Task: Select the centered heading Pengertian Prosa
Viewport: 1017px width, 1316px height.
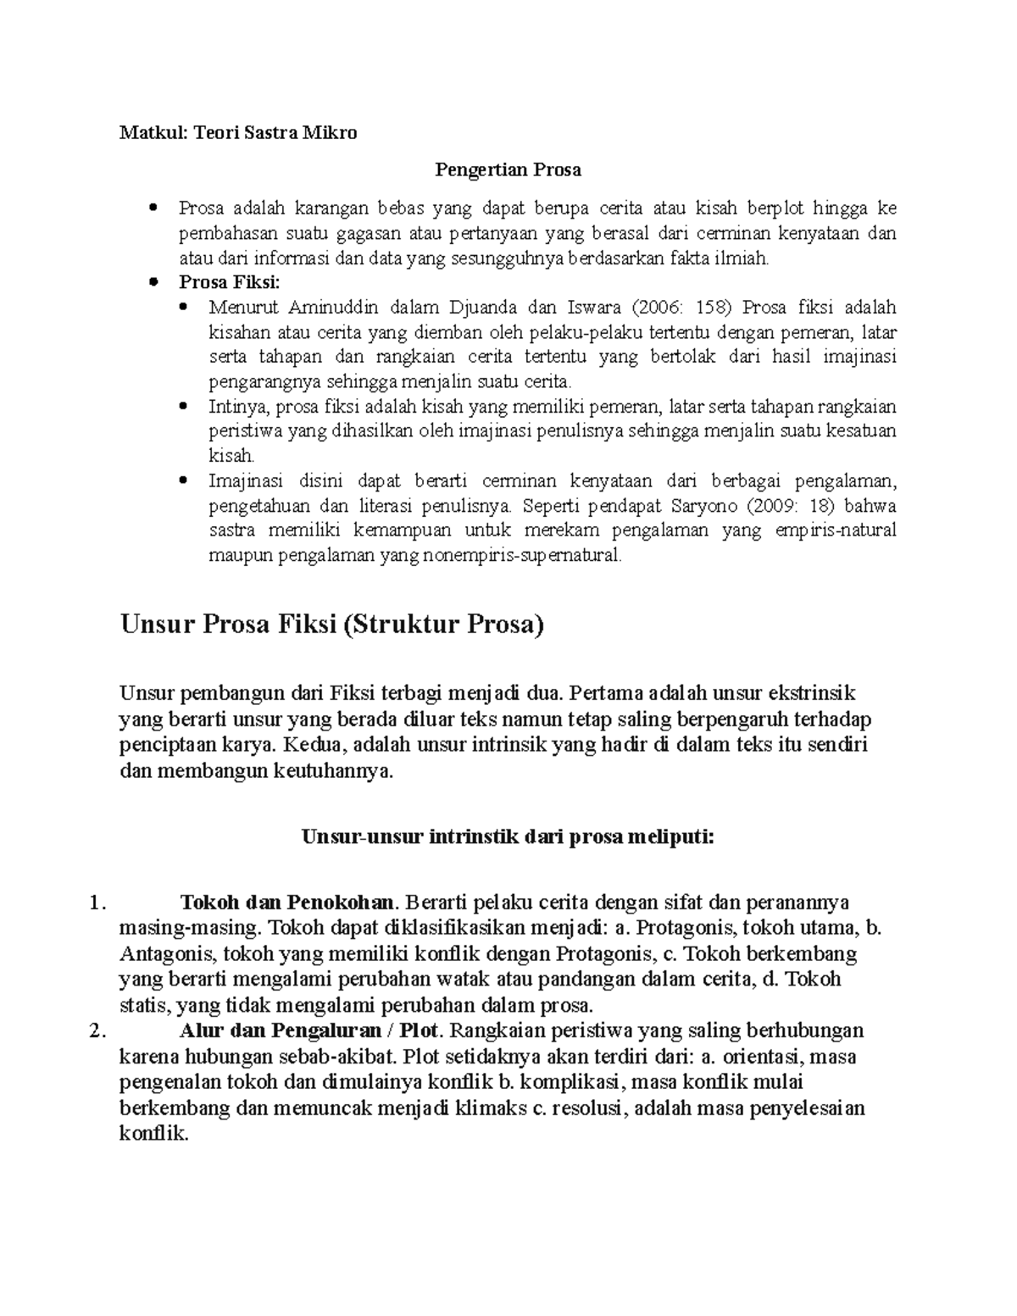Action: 508,169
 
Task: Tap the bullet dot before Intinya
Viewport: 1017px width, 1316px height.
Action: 186,408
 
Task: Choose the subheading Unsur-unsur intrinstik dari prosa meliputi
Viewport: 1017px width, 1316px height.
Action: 508,838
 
